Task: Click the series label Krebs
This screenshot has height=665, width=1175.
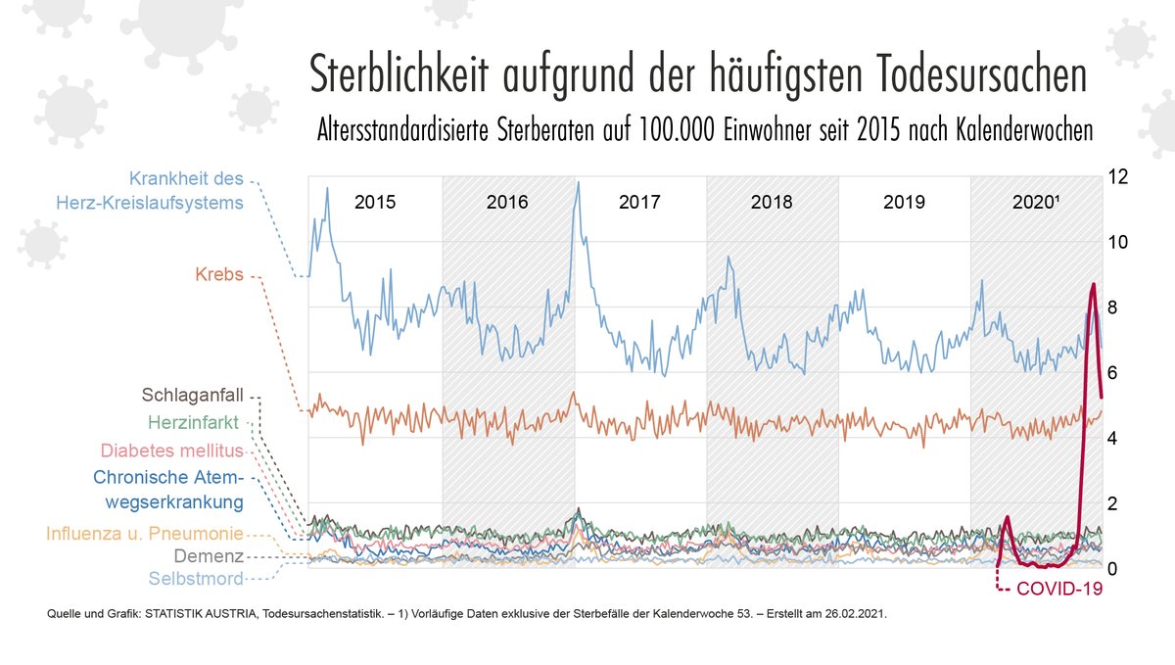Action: tap(219, 276)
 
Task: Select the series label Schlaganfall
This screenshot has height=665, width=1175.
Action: tap(194, 396)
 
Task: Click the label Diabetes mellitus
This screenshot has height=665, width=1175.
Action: tap(171, 451)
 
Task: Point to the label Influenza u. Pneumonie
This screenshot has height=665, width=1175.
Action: tap(144, 534)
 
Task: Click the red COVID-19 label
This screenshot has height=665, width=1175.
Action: tap(1059, 589)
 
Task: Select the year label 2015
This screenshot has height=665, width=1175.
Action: tap(375, 203)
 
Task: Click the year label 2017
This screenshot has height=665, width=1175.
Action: tap(639, 203)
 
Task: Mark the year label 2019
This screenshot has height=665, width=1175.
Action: tap(904, 203)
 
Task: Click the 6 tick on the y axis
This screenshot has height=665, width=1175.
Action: tap(1114, 373)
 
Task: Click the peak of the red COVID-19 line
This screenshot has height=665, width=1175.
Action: tap(1093, 284)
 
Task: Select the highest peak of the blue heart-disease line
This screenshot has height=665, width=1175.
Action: tap(579, 182)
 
